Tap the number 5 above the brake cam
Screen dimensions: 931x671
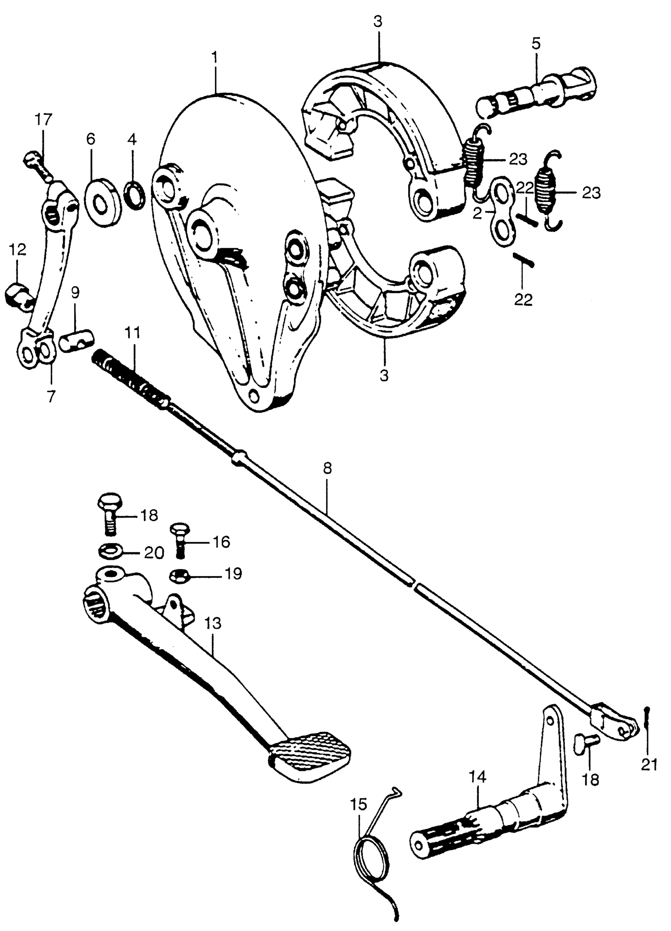[536, 43]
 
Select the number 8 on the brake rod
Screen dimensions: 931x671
[327, 468]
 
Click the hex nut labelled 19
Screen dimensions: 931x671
[180, 577]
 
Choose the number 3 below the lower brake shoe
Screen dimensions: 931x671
[384, 376]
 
